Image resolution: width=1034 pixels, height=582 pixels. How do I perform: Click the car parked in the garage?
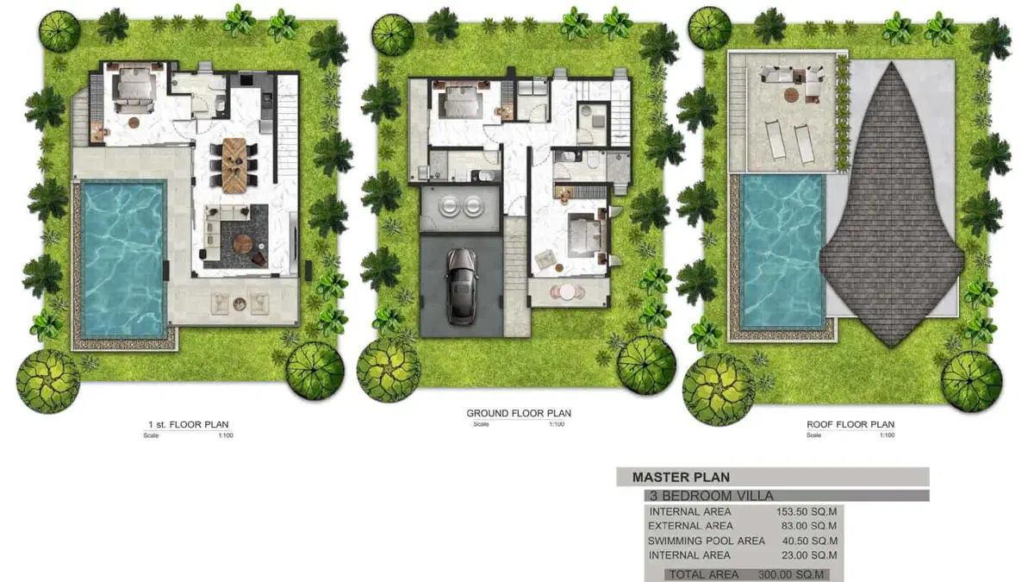(461, 286)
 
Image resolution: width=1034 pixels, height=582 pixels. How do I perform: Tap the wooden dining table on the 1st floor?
(234, 165)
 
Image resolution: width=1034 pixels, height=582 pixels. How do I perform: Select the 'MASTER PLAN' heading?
(681, 477)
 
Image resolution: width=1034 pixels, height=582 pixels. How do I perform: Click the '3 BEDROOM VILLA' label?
(712, 496)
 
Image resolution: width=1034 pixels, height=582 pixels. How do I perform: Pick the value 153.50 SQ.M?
(807, 512)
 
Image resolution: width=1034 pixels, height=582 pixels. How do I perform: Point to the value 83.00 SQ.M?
(809, 526)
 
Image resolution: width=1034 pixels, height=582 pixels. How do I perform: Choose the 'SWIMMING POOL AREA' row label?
(707, 541)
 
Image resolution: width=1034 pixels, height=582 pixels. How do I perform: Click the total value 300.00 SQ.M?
(791, 574)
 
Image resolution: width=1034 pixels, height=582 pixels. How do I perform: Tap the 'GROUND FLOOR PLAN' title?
(519, 413)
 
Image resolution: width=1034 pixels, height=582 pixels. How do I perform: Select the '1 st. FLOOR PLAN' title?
(189, 424)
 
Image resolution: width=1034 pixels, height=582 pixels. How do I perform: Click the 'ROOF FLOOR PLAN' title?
(850, 424)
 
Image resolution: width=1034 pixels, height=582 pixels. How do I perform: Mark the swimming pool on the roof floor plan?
(782, 250)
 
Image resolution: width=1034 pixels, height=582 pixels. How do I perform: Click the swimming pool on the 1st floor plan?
(124, 259)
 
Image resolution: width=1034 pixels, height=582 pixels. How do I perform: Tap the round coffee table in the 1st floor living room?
(243, 243)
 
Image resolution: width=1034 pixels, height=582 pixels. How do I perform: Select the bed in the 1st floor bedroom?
(134, 89)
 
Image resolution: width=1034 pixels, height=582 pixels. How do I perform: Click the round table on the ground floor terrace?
(567, 292)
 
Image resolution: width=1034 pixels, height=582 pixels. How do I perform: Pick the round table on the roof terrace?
(791, 96)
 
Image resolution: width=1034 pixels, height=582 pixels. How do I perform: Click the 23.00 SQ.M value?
(809, 555)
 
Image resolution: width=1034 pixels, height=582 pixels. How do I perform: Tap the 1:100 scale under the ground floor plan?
(557, 424)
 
